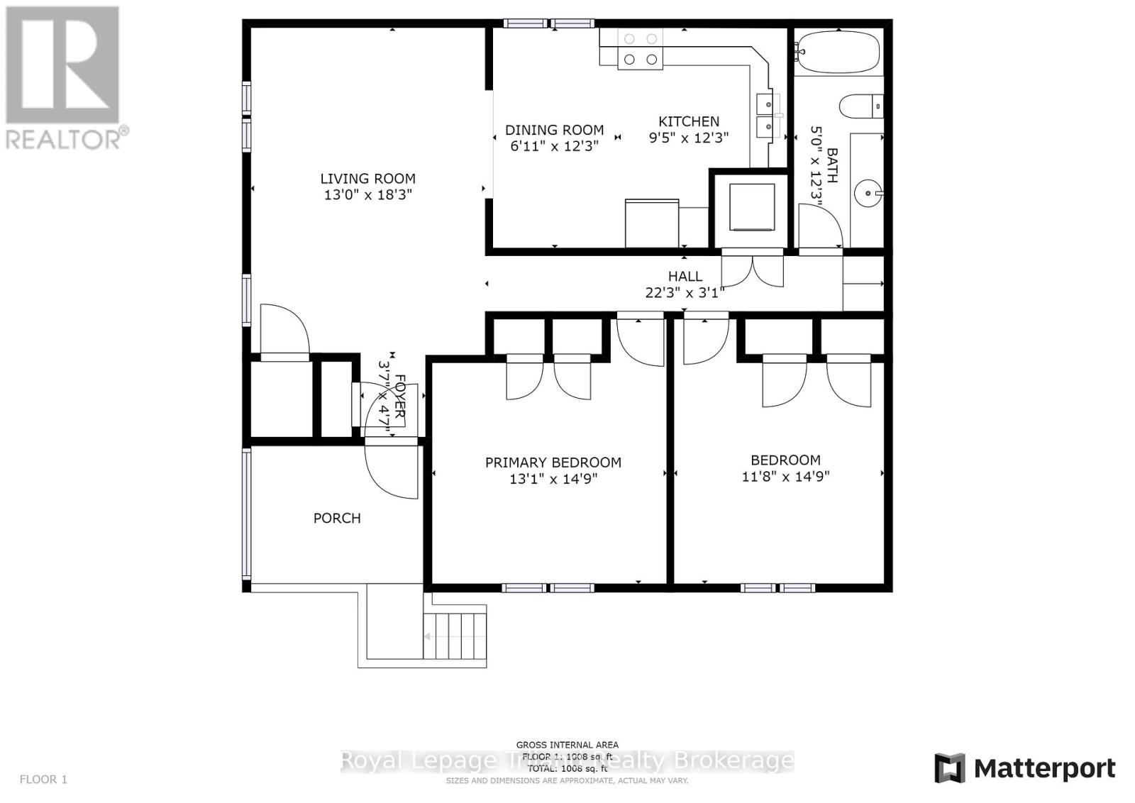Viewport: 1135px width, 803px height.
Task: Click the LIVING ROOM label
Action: pyautogui.click(x=367, y=179)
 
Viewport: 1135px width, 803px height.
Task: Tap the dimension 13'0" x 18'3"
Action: pyautogui.click(x=367, y=195)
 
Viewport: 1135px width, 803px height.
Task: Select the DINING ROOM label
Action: pyautogui.click(x=554, y=130)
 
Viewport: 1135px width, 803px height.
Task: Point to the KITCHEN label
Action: pyautogui.click(x=688, y=121)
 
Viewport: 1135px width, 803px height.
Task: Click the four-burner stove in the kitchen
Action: pyautogui.click(x=641, y=50)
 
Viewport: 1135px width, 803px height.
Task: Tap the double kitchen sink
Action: pyautogui.click(x=766, y=116)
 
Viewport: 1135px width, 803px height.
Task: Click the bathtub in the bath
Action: pyautogui.click(x=837, y=52)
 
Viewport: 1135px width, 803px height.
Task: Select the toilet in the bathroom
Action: pyautogui.click(x=860, y=107)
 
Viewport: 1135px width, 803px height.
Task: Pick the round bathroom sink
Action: pyautogui.click(x=866, y=192)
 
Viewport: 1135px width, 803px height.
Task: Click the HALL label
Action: pyautogui.click(x=685, y=277)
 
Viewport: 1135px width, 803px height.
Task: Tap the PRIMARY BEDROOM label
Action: pyautogui.click(x=553, y=463)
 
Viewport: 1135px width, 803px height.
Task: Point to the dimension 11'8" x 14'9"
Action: pyautogui.click(x=785, y=477)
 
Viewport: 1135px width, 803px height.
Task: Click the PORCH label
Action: pyautogui.click(x=337, y=519)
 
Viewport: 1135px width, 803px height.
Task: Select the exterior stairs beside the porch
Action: pyautogui.click(x=455, y=636)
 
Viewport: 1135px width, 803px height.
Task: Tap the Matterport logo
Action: pyautogui.click(x=1024, y=768)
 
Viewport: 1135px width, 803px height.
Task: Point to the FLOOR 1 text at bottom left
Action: pyautogui.click(x=43, y=780)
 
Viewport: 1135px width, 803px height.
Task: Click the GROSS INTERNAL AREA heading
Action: pyautogui.click(x=567, y=745)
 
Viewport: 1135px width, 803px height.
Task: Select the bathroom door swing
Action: pyautogui.click(x=819, y=226)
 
